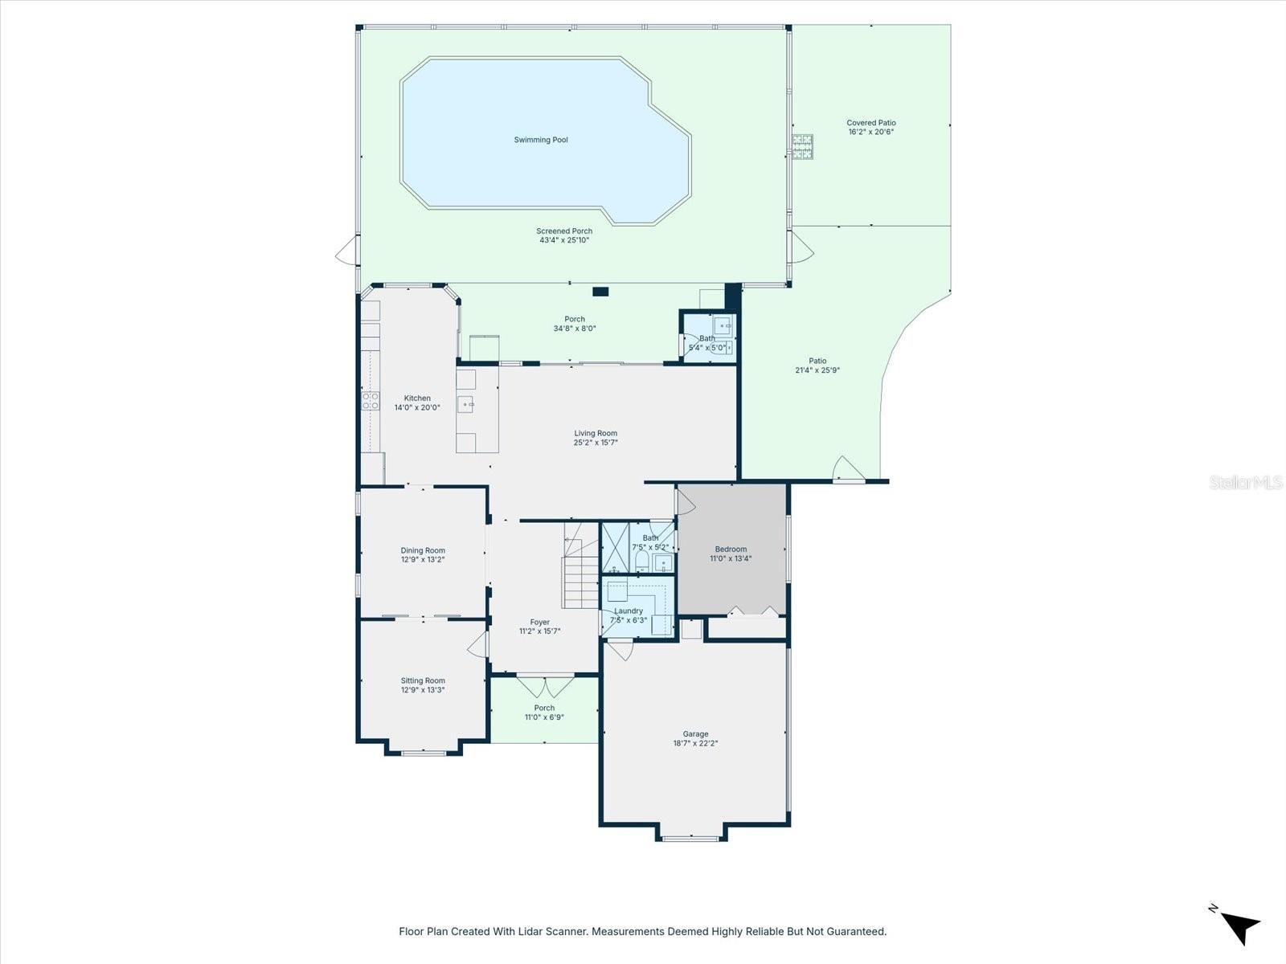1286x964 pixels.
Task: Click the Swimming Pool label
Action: (x=541, y=140)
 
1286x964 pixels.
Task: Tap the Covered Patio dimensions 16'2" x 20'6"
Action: (x=871, y=132)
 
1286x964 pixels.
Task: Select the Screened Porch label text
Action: (x=564, y=231)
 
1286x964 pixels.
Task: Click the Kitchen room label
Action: (x=417, y=398)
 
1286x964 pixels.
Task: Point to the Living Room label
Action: (x=596, y=433)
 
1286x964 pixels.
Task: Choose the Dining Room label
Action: (x=423, y=551)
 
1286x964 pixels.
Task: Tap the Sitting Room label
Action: (x=423, y=680)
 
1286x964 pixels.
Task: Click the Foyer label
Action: (x=540, y=623)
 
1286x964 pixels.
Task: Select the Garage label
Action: (x=695, y=733)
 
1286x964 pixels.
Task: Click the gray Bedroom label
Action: (x=731, y=549)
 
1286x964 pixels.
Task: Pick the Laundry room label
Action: (x=629, y=611)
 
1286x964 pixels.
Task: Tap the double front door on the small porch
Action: (x=545, y=688)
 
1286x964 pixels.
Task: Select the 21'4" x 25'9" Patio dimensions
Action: (x=817, y=370)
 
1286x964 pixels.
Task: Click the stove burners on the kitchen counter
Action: (x=370, y=401)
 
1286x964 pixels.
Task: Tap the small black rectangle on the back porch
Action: (x=600, y=292)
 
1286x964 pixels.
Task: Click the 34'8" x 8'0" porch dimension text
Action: (x=575, y=329)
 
